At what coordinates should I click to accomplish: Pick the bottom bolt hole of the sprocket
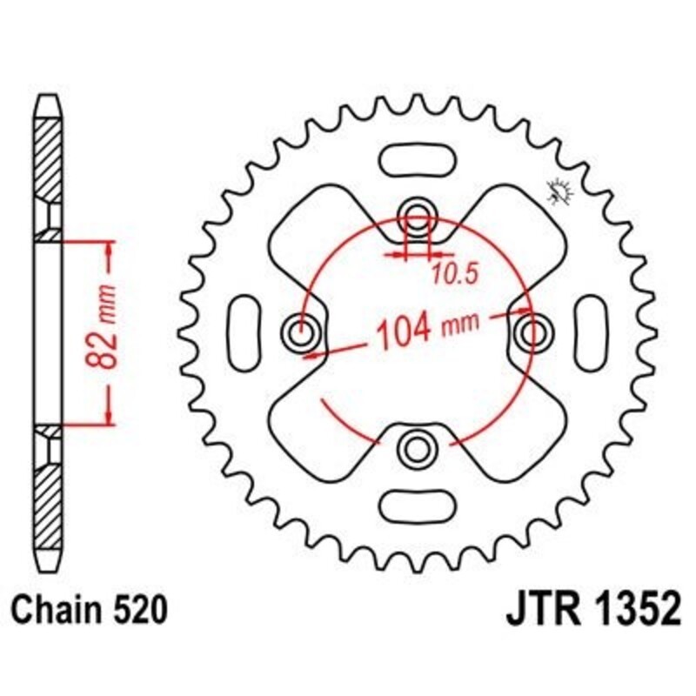click(416, 448)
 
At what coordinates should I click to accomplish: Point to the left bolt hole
click(303, 331)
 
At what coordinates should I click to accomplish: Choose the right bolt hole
click(531, 331)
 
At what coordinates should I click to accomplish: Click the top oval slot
click(416, 161)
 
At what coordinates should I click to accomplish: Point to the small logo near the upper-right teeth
click(559, 191)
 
